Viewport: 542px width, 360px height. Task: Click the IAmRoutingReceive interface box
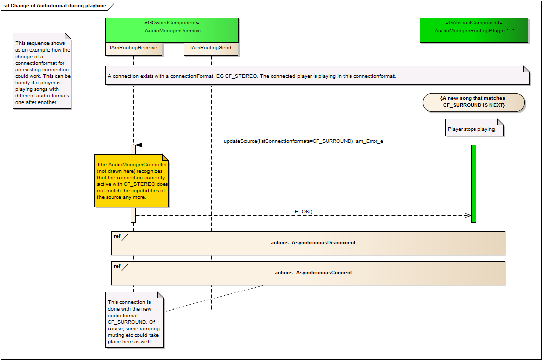(x=133, y=48)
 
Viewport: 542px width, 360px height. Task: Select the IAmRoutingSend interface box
(x=211, y=48)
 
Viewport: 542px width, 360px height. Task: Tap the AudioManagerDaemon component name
(x=172, y=31)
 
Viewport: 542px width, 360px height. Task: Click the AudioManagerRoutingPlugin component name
(x=474, y=31)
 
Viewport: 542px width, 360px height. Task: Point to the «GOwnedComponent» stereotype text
(x=172, y=23)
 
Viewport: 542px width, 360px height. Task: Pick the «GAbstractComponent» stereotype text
(x=474, y=23)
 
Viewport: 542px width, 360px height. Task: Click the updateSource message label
(x=303, y=141)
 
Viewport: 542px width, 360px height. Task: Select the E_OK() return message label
(x=304, y=211)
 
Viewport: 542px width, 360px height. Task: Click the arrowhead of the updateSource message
(x=139, y=145)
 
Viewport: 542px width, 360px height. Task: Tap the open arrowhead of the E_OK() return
(x=468, y=215)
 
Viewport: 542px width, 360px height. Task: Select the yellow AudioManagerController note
(x=131, y=181)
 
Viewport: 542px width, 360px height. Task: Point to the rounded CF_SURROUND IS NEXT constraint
(x=473, y=101)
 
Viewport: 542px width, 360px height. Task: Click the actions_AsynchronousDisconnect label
(x=313, y=243)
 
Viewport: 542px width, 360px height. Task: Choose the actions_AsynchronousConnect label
(x=313, y=273)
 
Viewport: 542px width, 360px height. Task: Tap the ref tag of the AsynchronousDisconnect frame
(x=118, y=236)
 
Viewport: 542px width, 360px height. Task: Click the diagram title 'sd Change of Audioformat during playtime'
(x=56, y=5)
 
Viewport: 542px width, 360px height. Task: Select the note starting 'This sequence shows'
(x=42, y=73)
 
